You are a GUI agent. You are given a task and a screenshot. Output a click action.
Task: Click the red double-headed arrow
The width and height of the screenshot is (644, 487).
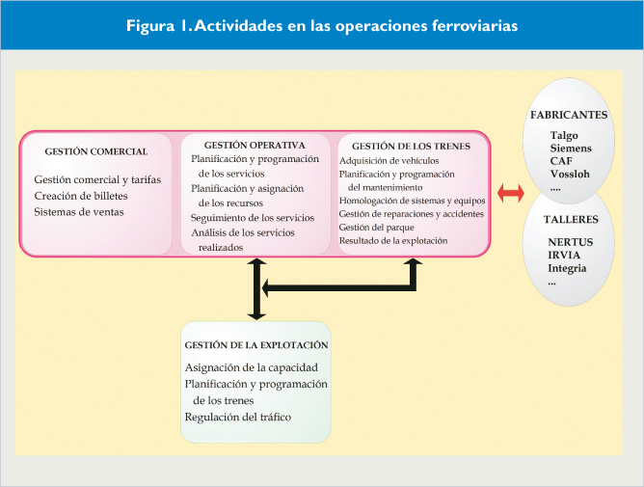[511, 193]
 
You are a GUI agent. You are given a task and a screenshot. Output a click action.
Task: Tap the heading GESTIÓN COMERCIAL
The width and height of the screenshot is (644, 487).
[96, 151]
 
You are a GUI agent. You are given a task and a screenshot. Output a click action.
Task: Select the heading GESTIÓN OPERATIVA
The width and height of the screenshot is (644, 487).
[255, 145]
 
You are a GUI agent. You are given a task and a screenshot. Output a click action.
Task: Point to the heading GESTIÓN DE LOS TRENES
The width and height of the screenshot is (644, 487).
[411, 146]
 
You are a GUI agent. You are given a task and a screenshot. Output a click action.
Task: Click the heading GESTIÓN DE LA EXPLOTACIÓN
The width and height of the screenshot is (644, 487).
[256, 345]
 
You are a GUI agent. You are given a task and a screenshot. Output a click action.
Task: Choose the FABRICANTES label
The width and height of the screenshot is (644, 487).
[569, 115]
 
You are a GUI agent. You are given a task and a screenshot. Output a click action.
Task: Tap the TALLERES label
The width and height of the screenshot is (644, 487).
[571, 220]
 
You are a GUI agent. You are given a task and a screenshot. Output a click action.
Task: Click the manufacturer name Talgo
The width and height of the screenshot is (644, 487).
[564, 136]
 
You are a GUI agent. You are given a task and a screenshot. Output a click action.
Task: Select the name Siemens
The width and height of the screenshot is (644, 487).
[571, 149]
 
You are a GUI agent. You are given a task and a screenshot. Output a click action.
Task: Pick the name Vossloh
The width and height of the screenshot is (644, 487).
[570, 174]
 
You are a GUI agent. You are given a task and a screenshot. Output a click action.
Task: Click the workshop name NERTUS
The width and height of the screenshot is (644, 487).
[571, 242]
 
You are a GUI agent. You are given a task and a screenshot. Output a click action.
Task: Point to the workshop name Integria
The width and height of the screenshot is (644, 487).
[567, 268]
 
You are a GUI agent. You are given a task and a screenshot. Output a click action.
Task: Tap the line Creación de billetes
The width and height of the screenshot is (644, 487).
[81, 196]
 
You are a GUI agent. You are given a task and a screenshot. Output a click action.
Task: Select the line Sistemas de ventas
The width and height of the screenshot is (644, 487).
[79, 212]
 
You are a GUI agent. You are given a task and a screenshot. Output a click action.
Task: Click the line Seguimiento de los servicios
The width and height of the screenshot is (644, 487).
[253, 218]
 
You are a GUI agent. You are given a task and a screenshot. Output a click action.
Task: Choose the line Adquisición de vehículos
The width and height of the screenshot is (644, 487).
[389, 161]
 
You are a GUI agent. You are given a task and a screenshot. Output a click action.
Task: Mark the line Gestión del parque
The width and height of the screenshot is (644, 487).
[376, 228]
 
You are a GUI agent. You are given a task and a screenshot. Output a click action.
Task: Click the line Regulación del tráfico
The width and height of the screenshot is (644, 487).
[238, 418]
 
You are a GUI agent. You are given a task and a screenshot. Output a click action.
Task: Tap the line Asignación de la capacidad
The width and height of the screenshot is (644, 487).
[252, 367]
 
